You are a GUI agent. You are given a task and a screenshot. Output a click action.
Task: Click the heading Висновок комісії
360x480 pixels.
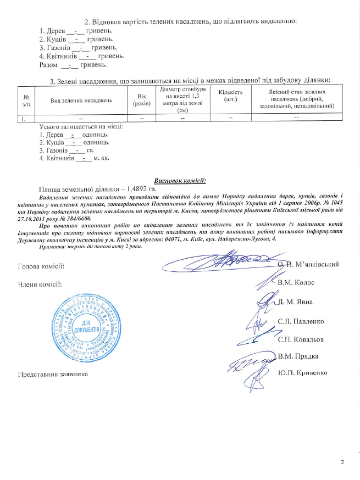click(x=180, y=180)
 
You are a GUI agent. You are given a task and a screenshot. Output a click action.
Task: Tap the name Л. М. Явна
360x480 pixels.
click(x=296, y=302)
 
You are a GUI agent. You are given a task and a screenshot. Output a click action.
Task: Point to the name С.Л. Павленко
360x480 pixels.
click(x=301, y=321)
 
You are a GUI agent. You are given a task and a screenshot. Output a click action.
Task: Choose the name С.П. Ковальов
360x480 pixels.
click(x=301, y=339)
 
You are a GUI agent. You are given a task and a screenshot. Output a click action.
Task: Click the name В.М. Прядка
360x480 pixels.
click(x=298, y=356)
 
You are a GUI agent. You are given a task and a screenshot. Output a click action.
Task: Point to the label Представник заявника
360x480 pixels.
click(x=53, y=375)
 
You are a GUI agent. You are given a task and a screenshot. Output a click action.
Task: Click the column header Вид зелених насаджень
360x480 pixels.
click(x=81, y=100)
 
